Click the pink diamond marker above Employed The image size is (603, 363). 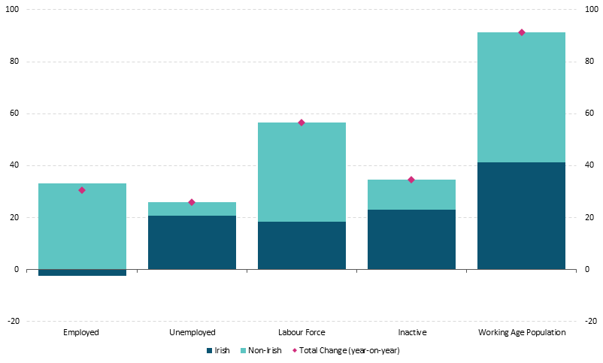pos(82,190)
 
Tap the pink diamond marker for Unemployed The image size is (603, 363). pos(192,202)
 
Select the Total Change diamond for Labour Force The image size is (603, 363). pos(301,123)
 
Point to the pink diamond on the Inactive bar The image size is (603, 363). pos(411,180)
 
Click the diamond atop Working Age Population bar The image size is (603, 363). pos(521,32)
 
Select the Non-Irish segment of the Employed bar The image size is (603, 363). pos(82,225)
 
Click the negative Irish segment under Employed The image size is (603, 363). pos(82,272)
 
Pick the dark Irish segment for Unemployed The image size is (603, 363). pos(192,242)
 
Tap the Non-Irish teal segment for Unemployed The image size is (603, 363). pos(192,209)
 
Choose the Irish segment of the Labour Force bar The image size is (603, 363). pos(301,245)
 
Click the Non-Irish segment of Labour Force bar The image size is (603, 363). pos(301,172)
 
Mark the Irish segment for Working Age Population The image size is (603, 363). pos(521,216)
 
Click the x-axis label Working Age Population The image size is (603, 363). pos(521,332)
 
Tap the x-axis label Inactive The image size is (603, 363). pos(411,332)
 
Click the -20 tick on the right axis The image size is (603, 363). pos(590,321)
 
